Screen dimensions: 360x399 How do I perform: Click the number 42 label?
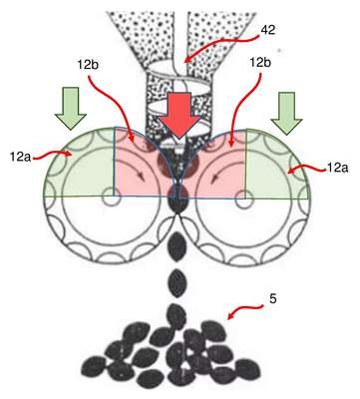point(268,30)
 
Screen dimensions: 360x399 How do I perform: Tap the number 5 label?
point(272,299)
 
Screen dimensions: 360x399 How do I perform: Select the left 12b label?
point(88,65)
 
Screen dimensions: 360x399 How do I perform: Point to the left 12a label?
point(20,157)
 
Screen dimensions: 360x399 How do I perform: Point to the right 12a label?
point(338,168)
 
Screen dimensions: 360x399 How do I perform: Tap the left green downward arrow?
point(71,108)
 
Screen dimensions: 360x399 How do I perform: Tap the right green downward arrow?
point(286,113)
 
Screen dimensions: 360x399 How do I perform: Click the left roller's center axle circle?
point(109,197)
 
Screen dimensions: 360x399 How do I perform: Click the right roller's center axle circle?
point(243,199)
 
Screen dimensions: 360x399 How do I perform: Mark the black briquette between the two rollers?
point(179,199)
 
